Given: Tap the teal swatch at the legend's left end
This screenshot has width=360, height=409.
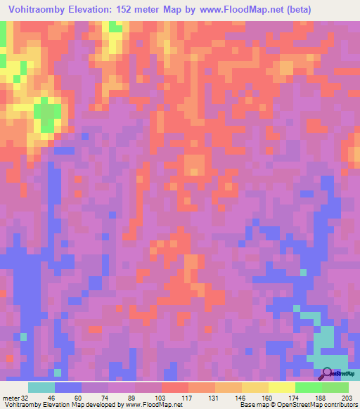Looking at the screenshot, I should click(41, 387).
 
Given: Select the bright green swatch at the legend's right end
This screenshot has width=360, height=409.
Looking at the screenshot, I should click(335, 387).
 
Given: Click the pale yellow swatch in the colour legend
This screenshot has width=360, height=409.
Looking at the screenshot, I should click(282, 387).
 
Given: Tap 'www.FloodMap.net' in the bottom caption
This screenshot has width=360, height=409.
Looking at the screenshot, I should click(150, 405).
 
